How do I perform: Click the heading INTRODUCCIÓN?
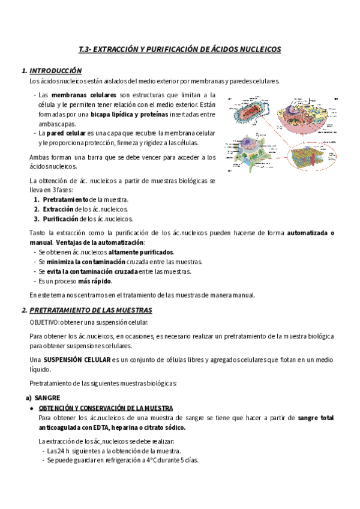56,71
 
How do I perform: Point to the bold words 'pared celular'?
66,133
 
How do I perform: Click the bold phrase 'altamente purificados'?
140,252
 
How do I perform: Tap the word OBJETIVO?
44,322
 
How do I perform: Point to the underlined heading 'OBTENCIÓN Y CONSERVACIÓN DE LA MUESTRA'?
106,408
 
